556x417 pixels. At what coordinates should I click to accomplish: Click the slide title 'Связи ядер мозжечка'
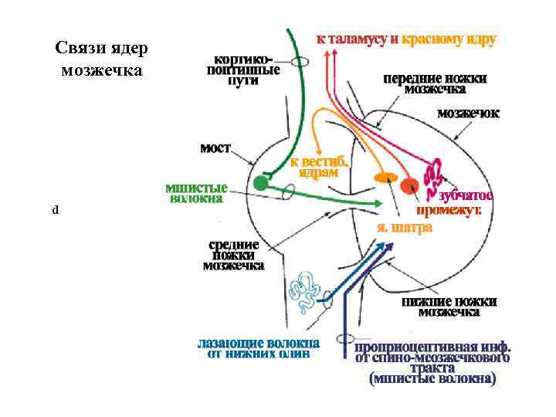point(100,59)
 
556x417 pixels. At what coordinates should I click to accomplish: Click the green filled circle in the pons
point(261,182)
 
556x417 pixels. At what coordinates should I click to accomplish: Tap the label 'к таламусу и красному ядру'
point(406,39)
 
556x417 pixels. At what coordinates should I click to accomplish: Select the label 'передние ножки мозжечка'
point(436,83)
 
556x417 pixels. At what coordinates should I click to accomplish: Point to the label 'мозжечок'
point(468,113)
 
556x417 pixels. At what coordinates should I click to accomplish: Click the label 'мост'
point(215,147)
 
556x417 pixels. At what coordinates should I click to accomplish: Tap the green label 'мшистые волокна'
point(196,193)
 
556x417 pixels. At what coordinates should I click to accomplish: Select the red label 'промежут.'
point(449,210)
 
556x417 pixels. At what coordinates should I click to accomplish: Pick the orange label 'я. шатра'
point(404,228)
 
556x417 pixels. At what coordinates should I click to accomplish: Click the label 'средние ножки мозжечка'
point(233,255)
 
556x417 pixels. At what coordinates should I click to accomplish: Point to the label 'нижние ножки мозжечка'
point(449,307)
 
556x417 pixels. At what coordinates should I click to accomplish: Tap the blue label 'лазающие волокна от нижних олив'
point(259,348)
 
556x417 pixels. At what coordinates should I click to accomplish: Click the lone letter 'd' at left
point(55,210)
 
